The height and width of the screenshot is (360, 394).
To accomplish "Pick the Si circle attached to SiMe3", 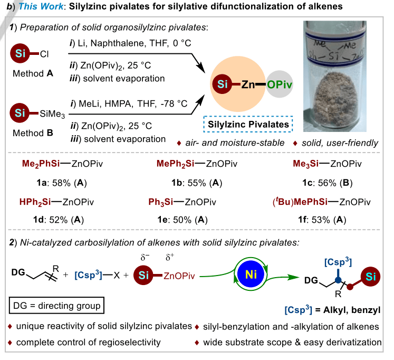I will coord(19,112).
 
